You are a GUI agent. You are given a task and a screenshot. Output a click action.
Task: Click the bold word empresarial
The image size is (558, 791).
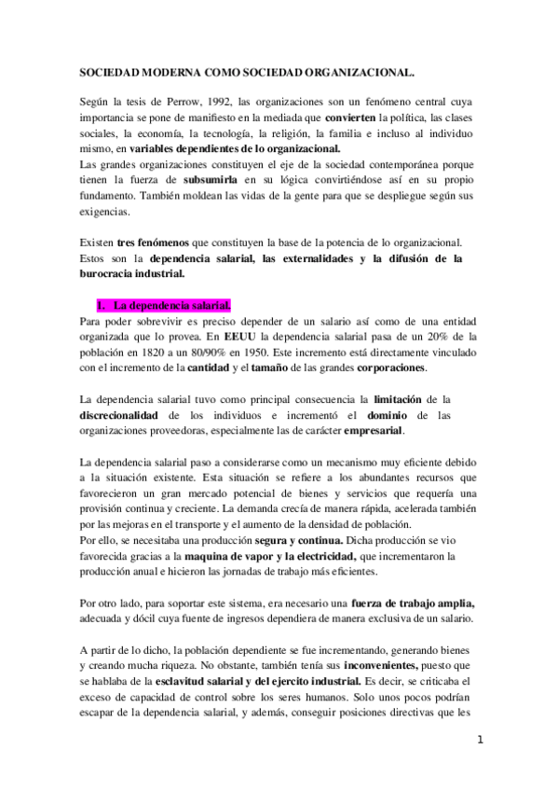[x=374, y=433]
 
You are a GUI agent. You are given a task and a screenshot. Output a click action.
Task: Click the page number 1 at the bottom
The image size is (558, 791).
[x=480, y=742]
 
